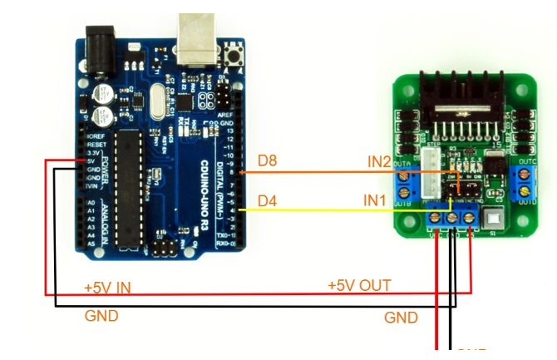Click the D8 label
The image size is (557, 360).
[x=267, y=161]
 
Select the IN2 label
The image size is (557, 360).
[x=379, y=161]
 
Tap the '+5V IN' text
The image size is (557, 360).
[x=107, y=287]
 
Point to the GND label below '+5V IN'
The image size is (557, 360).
[x=101, y=316]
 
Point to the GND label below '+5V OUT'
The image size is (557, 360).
[x=401, y=318]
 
